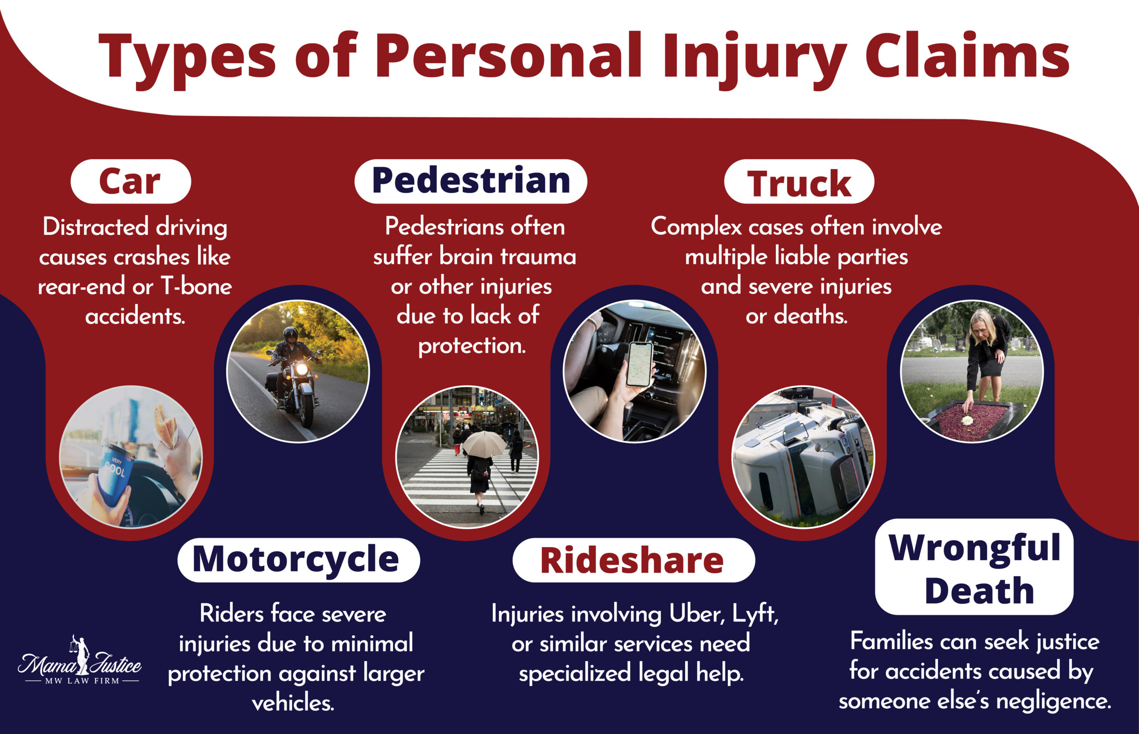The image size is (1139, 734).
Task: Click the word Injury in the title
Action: (754, 57)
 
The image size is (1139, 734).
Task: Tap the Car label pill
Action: (130, 181)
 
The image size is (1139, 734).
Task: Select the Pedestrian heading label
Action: (471, 181)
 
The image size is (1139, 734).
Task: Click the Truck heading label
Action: (799, 183)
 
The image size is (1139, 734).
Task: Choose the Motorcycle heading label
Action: (298, 560)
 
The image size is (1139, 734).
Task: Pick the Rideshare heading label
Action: (633, 561)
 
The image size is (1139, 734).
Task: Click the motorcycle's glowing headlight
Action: (302, 369)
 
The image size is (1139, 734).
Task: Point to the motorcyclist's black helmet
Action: (291, 335)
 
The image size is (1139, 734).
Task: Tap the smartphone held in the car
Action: (639, 364)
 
